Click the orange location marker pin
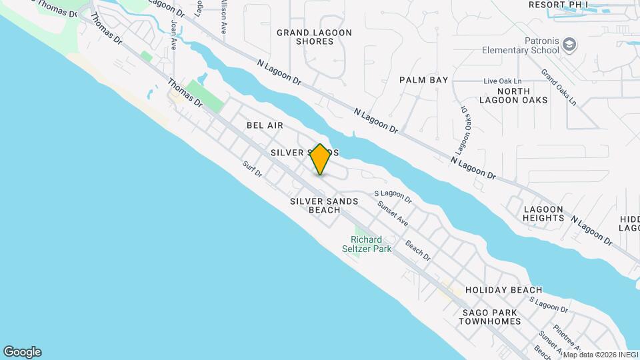tap(320, 159)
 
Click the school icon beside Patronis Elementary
tap(569, 45)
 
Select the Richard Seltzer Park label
tap(367, 245)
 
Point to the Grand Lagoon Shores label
tap(305, 37)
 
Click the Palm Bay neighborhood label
tap(423, 80)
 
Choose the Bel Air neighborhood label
tap(265, 125)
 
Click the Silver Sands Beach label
tap(324, 205)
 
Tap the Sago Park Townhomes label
tap(489, 317)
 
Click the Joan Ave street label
tap(174, 34)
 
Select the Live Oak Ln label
tap(500, 81)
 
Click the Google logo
tap(22, 352)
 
